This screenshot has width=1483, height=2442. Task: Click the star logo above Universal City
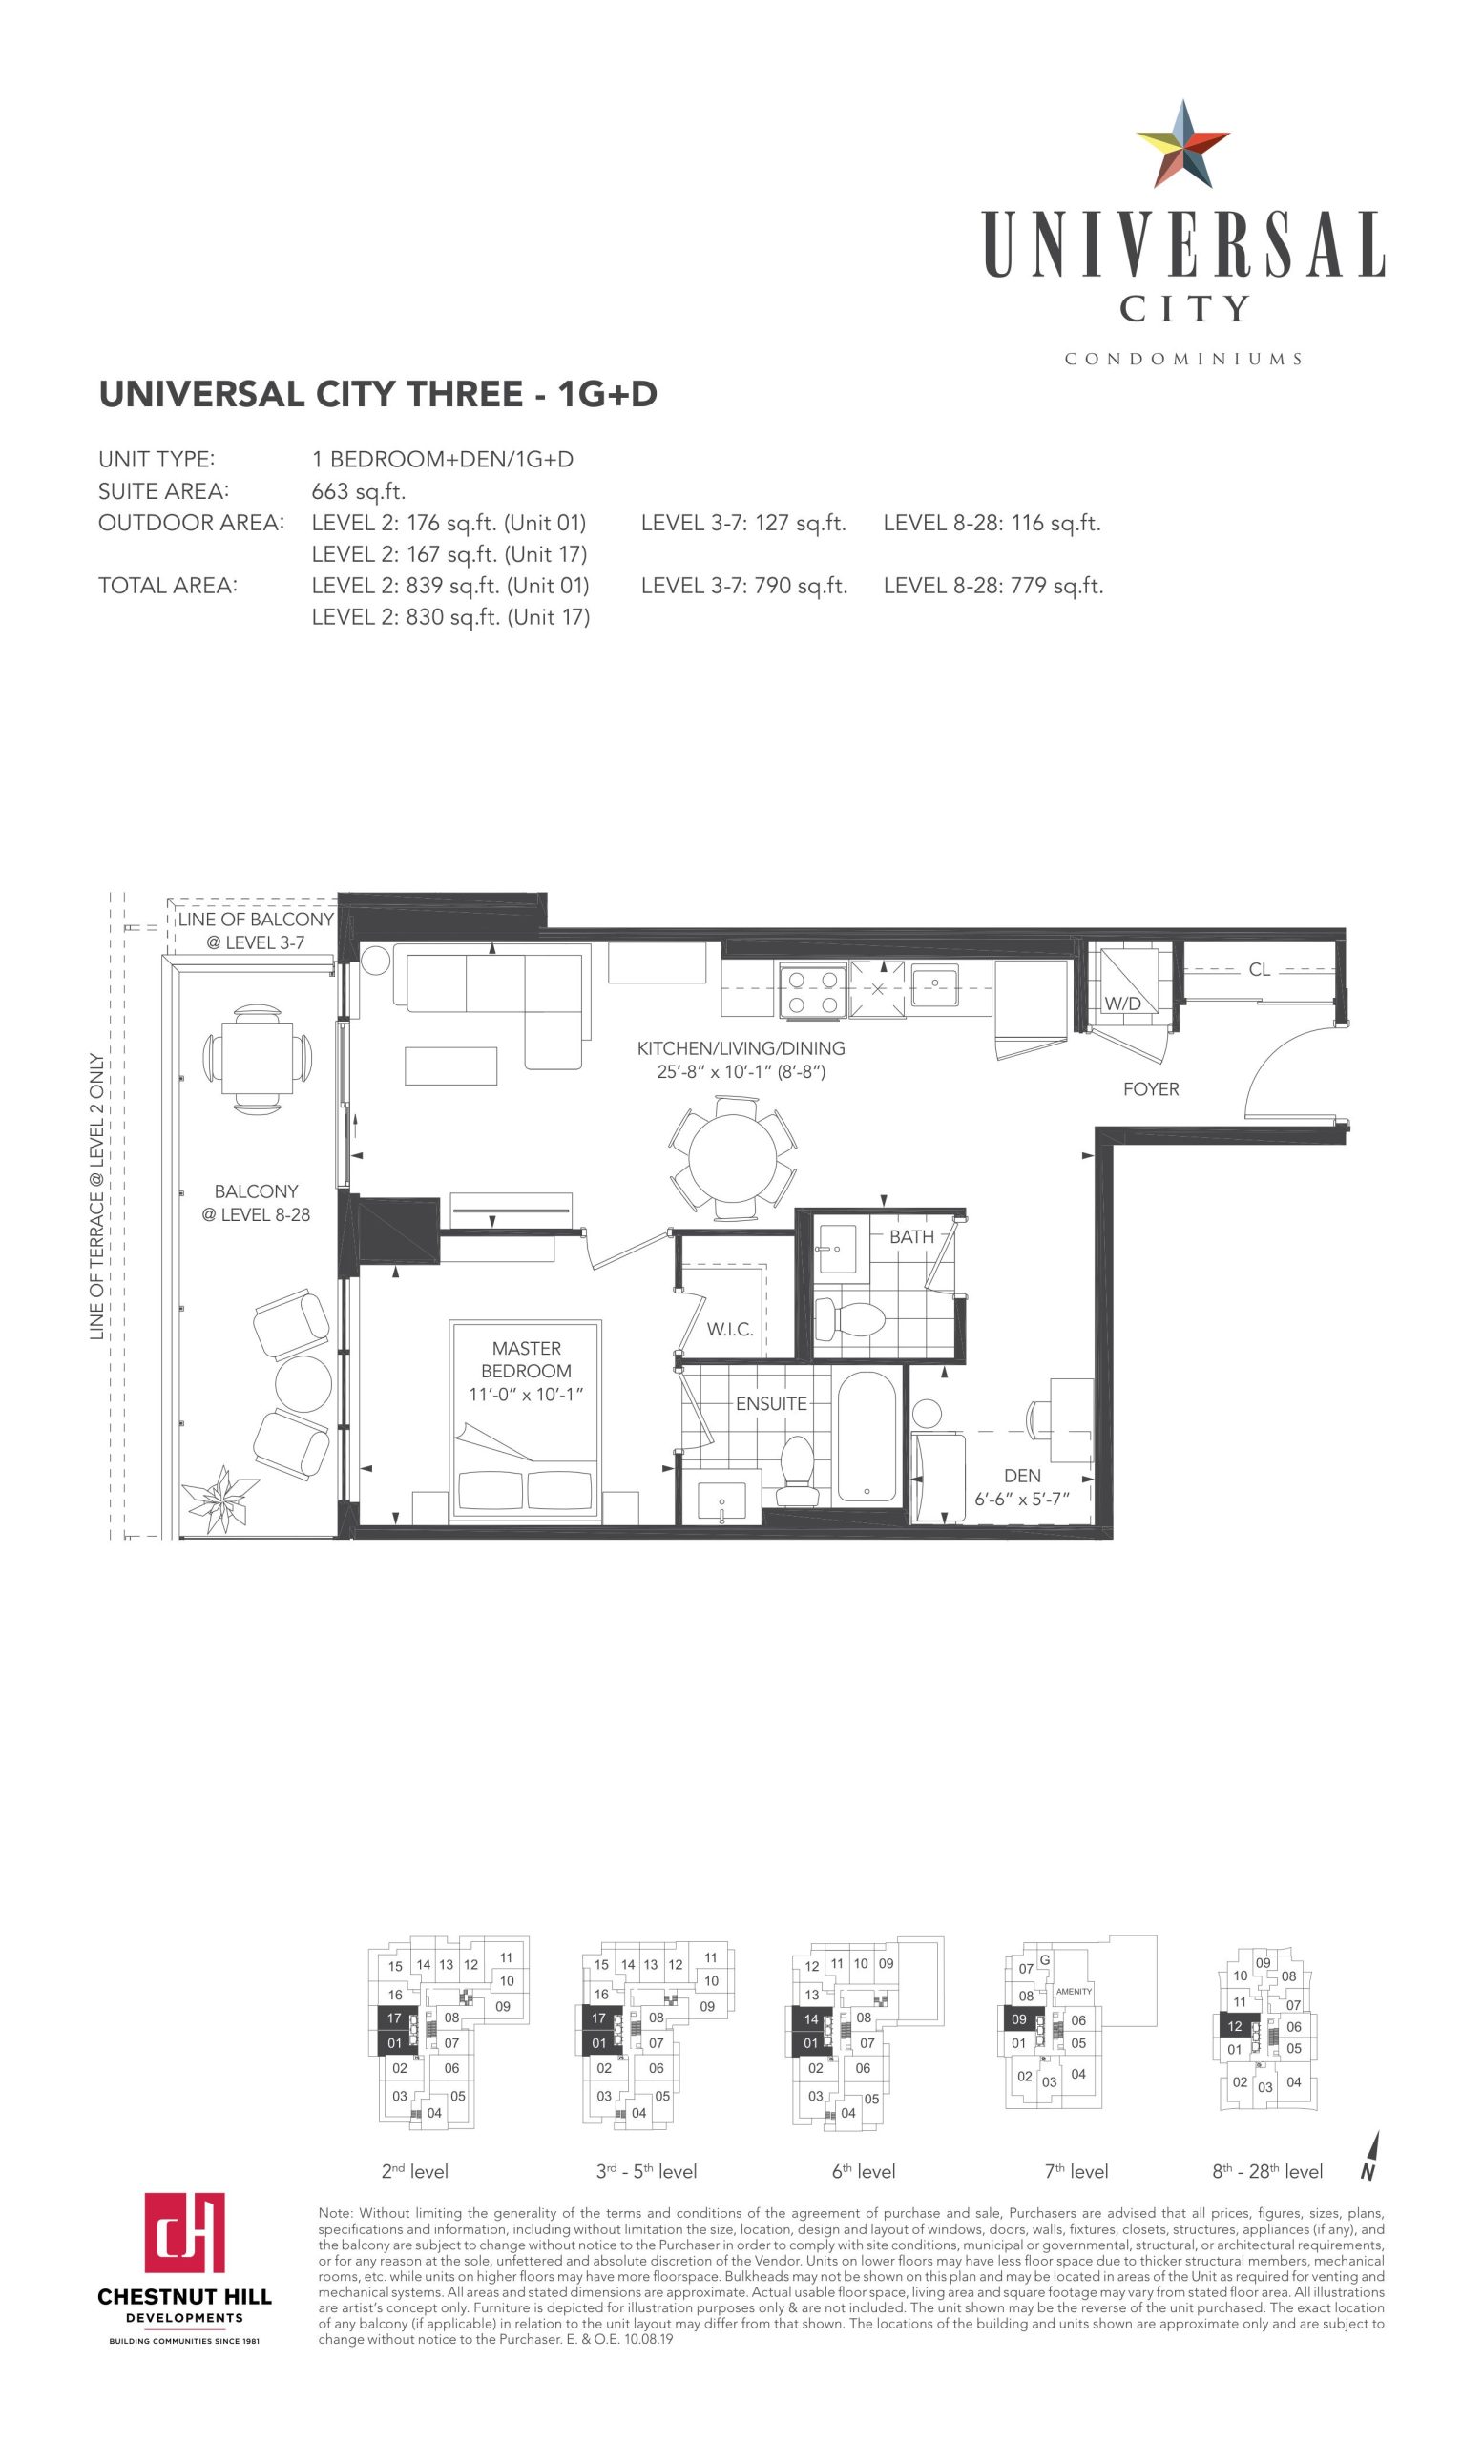[x=1181, y=145]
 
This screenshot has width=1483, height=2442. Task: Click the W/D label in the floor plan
[x=1122, y=1003]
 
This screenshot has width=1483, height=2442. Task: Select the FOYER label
[x=1151, y=1089]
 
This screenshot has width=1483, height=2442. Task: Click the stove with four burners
[x=812, y=989]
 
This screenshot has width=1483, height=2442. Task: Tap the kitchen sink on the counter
[x=934, y=984]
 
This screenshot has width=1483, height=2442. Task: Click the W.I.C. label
[x=730, y=1330]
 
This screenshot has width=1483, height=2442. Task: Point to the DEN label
[x=1022, y=1476]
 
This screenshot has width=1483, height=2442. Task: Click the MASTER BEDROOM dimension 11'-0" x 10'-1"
[x=526, y=1395]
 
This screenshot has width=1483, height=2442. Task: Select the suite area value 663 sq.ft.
[x=359, y=491]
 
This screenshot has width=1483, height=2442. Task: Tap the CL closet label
[x=1259, y=969]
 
